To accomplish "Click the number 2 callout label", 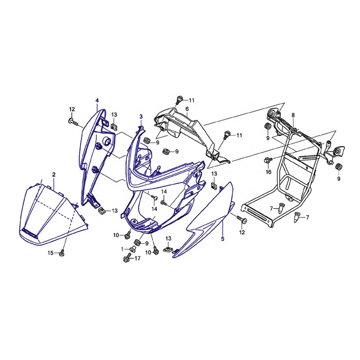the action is (x=54, y=175).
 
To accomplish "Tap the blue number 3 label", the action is (x=141, y=117).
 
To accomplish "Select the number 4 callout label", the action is (x=97, y=100).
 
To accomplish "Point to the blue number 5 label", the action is (x=222, y=239).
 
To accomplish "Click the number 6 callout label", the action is (x=187, y=108).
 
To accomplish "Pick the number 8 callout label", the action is (x=293, y=115).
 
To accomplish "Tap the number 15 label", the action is (x=50, y=253).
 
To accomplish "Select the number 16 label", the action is (x=268, y=172).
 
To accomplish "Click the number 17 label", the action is (x=137, y=258).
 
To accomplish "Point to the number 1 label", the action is (x=122, y=249).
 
